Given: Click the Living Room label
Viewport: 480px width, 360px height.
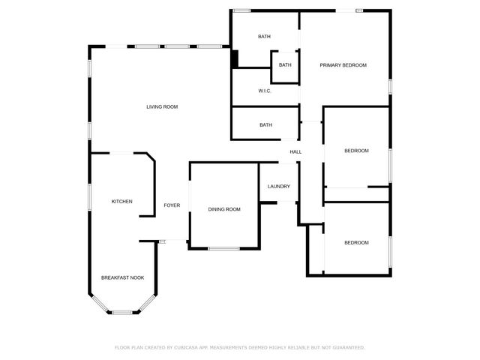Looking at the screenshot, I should pos(162,107).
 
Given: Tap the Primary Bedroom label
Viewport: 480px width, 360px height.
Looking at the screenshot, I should pos(343,66).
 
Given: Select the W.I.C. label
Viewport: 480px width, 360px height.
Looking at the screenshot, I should pos(264,91).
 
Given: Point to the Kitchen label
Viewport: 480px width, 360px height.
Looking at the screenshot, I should pos(122,202).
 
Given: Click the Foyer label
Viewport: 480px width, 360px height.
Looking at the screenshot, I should pos(172,205).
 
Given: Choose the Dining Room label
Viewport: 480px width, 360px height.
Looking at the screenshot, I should pos(224,209).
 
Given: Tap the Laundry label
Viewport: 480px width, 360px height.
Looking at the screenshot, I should pos(278,187).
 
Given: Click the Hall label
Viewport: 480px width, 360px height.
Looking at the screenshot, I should pos(296,152).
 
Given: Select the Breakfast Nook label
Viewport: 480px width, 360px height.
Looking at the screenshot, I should pos(122,278).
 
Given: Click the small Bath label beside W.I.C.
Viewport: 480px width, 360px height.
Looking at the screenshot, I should pos(285,65).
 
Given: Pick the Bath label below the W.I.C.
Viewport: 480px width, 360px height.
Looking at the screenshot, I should pos(265,125).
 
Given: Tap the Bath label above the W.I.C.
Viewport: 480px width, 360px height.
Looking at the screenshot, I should pos(264,37).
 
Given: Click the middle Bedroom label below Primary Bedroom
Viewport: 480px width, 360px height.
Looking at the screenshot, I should pos(356,151).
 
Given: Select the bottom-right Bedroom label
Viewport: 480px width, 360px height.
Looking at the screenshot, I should pos(356,243).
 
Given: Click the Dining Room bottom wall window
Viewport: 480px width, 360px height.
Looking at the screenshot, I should pos(223,248).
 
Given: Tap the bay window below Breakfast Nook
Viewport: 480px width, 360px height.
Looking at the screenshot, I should pos(122,312).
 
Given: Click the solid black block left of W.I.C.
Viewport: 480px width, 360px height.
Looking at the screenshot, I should pos(234,58).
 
